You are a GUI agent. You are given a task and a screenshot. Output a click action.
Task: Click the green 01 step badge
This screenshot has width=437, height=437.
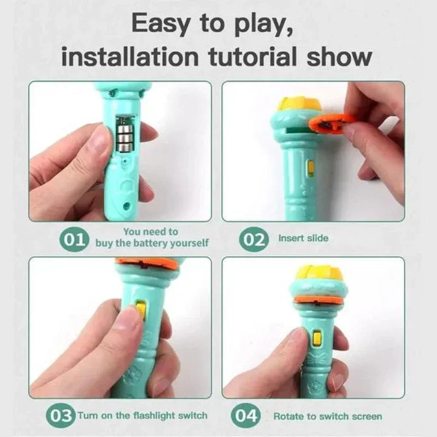tap(74, 239)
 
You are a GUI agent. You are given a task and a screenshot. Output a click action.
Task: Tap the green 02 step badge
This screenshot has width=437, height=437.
tap(253, 239)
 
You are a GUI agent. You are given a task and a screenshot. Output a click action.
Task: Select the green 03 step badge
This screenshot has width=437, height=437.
tap(61, 416)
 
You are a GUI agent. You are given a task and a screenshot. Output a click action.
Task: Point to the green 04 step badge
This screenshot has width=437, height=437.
tap(246, 416)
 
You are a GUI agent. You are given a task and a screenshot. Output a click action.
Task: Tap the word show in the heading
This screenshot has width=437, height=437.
tap(339, 57)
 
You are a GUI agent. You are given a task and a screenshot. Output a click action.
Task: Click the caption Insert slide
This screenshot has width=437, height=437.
tap(304, 238)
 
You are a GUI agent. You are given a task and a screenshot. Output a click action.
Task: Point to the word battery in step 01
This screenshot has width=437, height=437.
tap(151, 243)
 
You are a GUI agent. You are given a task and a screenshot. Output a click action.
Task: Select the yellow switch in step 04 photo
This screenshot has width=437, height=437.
tap(317, 338)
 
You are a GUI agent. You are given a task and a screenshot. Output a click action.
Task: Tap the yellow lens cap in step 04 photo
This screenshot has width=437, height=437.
tap(316, 275)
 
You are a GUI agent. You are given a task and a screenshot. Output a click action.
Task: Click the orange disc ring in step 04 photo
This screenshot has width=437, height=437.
tap(318, 300)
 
